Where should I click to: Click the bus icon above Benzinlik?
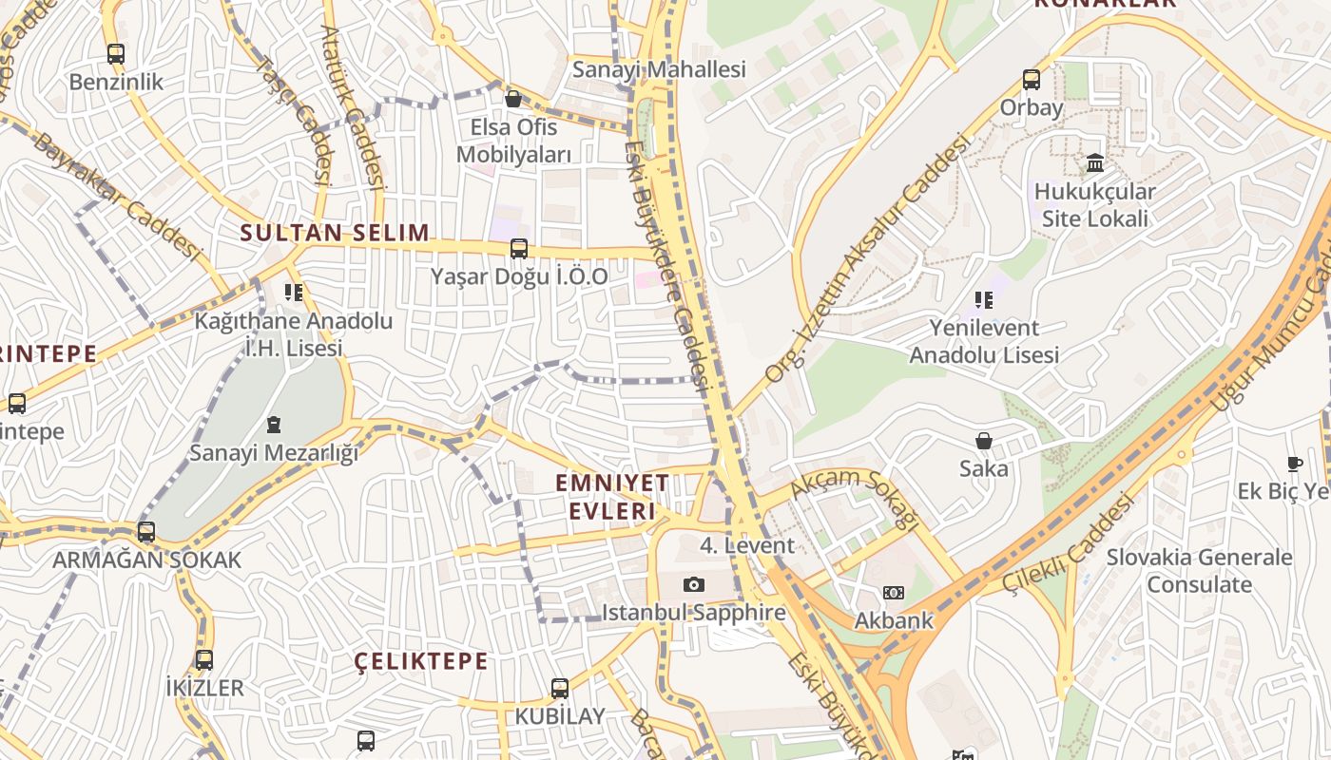tap(115, 54)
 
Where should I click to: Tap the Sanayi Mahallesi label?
tap(658, 69)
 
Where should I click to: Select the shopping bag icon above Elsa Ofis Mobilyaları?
tap(513, 98)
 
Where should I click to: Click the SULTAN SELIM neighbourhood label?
tap(335, 233)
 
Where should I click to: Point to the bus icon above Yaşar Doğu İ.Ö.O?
tap(519, 249)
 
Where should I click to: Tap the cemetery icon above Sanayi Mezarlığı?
tap(274, 424)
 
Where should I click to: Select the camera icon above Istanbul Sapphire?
tap(694, 584)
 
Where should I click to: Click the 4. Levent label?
tap(746, 545)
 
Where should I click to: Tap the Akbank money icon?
tap(893, 593)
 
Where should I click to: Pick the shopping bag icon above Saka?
tap(983, 441)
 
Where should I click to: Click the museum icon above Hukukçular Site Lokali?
tap(1094, 163)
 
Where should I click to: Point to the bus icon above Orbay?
tap(1032, 80)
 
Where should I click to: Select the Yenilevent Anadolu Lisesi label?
tap(984, 341)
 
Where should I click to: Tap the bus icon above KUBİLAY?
tap(560, 689)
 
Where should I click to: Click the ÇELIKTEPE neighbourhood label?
tap(421, 661)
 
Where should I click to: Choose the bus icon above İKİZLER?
tap(203, 659)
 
